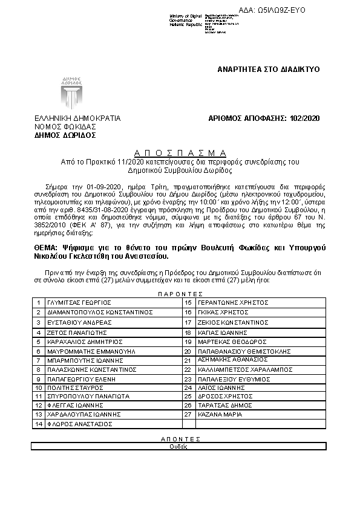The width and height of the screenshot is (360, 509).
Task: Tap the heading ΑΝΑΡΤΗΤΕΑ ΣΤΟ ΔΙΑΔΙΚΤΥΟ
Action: tap(268, 70)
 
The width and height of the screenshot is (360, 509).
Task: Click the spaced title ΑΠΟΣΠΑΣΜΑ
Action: tap(180, 153)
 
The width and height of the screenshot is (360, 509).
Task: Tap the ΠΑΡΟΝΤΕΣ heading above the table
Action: tap(180, 292)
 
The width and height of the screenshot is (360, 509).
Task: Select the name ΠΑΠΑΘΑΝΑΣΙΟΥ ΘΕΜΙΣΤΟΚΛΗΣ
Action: tap(241, 351)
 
